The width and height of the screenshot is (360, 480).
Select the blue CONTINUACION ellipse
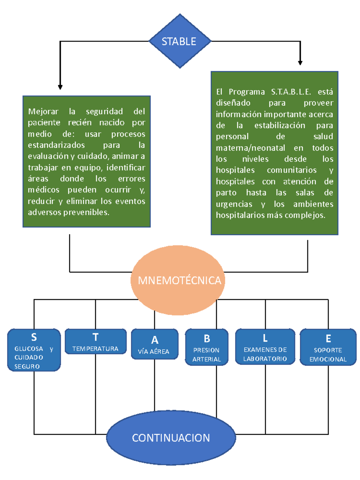click(171, 438)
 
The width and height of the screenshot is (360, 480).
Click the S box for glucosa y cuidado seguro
click(34, 350)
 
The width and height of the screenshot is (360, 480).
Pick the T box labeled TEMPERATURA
click(95, 342)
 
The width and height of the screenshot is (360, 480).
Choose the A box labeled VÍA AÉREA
click(154, 344)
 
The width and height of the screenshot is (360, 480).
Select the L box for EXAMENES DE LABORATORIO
click(265, 347)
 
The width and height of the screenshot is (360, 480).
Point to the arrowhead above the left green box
click(60, 87)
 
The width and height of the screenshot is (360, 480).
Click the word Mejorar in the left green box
click(43, 112)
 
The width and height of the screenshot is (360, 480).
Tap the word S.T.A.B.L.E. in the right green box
click(291, 92)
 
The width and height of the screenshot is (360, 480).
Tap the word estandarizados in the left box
click(56, 145)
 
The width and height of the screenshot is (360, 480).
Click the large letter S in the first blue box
click(34, 337)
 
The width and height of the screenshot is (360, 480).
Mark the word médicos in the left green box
click(43, 190)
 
